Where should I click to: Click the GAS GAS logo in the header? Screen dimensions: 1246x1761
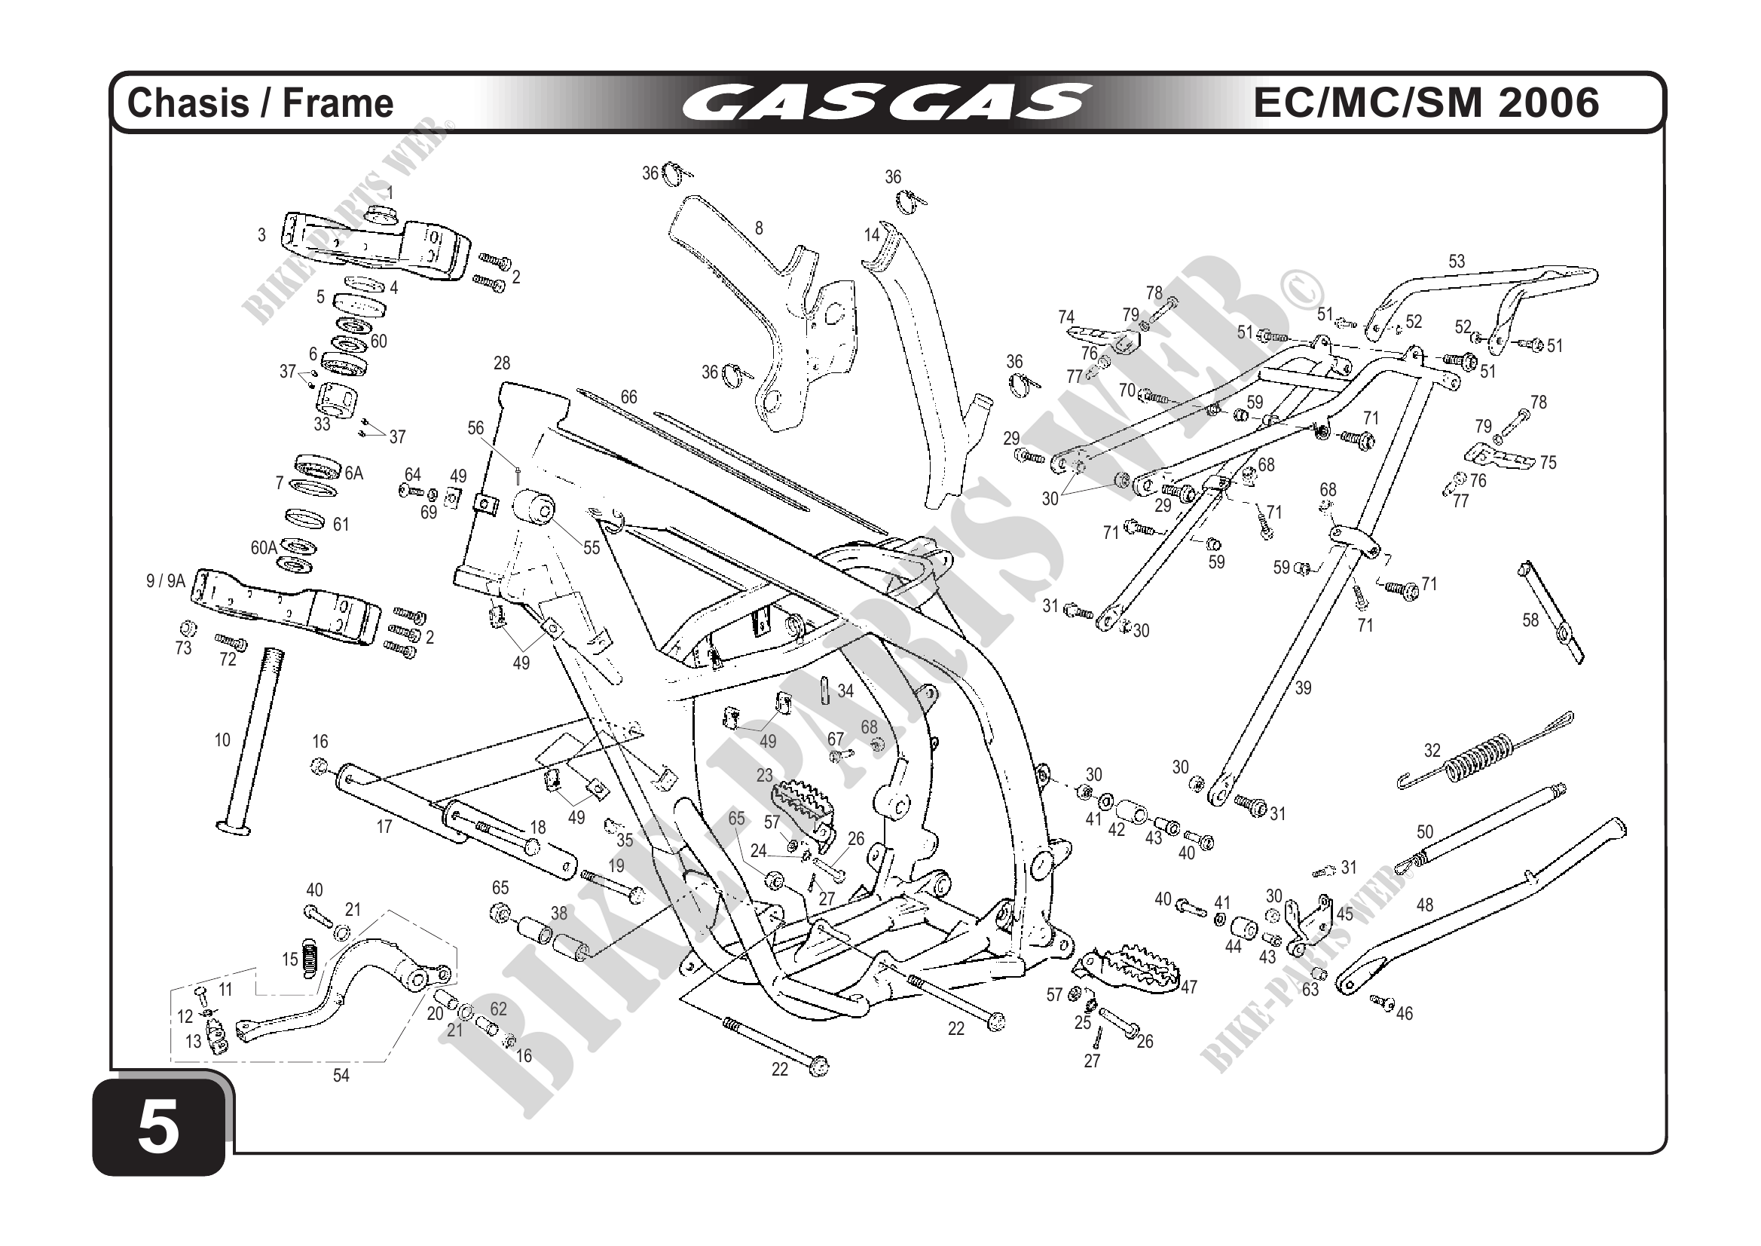pos(885,103)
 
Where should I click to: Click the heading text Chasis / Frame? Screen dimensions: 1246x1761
pos(260,103)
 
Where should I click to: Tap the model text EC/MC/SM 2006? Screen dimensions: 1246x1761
pos(1426,102)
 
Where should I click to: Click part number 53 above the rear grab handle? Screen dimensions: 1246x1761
pos(1457,262)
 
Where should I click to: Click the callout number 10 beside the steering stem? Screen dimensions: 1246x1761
pos(222,740)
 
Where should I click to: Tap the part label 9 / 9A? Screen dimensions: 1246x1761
pos(166,581)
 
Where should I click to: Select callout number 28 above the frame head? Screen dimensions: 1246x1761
pos(502,363)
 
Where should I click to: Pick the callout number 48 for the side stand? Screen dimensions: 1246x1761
pos(1424,905)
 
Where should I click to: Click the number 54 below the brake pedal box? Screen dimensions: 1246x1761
pos(341,1076)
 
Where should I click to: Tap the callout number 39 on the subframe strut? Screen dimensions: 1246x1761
pos(1303,688)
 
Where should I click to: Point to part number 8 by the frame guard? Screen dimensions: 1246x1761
pos(759,228)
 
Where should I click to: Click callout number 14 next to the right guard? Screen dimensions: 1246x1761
pos(871,235)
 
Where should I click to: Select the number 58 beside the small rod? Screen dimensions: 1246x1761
pos(1530,620)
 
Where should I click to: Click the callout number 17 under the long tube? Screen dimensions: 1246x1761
pos(384,826)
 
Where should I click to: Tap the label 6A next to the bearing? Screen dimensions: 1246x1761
pos(353,473)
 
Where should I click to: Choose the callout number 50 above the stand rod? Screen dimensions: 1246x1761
pos(1424,831)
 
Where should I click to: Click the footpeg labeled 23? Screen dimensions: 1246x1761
pos(802,802)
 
